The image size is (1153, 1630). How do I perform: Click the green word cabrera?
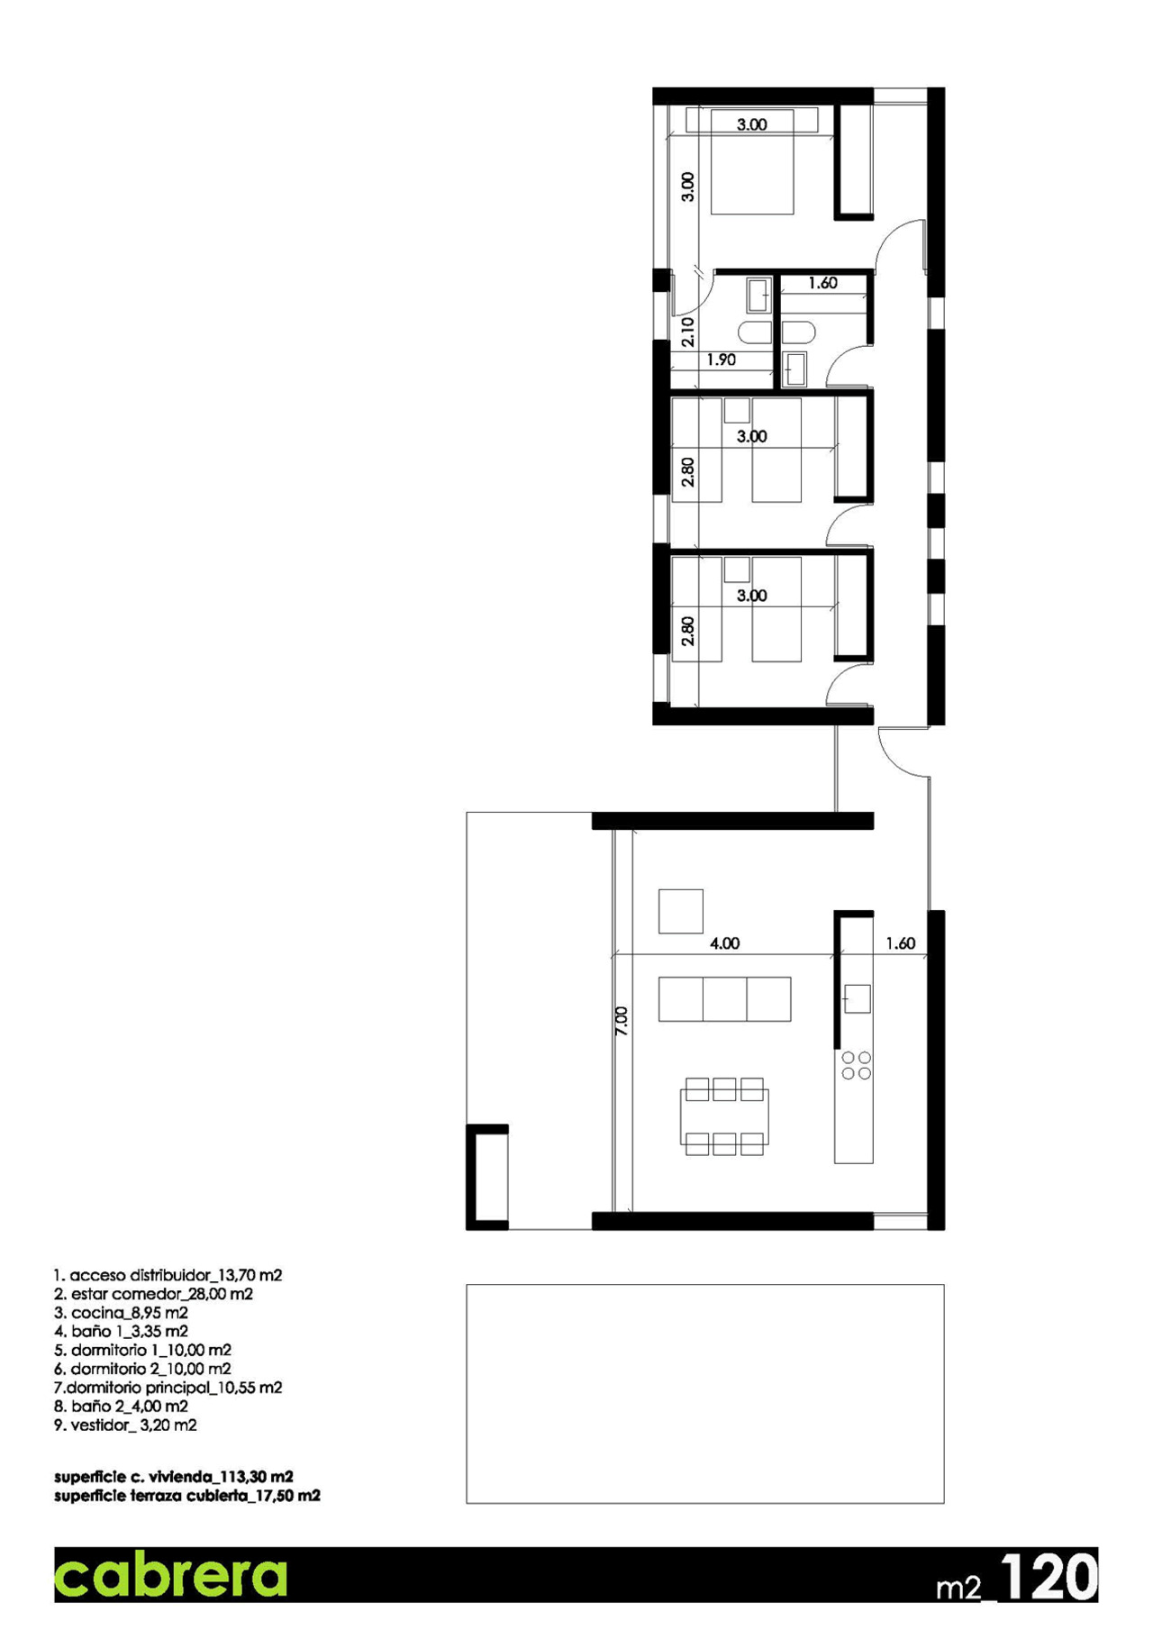(170, 1575)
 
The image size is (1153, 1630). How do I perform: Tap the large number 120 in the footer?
(1049, 1577)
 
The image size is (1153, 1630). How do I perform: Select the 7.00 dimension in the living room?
(622, 1020)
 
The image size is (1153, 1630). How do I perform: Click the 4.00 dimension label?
(724, 943)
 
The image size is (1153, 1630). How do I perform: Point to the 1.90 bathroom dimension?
(721, 360)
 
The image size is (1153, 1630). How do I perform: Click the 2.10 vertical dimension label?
(688, 332)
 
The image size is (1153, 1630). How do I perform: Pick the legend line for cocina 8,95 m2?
(121, 1313)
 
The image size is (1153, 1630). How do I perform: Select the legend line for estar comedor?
(153, 1294)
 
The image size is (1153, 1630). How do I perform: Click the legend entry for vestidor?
(125, 1425)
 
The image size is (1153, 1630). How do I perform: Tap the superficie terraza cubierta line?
(186, 1496)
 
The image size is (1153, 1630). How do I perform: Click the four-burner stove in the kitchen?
(856, 1065)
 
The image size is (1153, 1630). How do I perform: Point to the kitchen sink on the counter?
(857, 998)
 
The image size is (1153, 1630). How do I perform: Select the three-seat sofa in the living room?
(724, 998)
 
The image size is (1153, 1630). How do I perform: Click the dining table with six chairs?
(724, 1117)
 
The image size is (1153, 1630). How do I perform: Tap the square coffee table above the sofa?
(680, 911)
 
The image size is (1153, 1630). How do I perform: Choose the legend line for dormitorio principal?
(168, 1388)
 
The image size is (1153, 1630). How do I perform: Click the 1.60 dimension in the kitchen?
(900, 943)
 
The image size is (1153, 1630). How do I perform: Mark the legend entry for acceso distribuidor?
(168, 1275)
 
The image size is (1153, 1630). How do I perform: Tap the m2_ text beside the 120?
(966, 1587)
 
